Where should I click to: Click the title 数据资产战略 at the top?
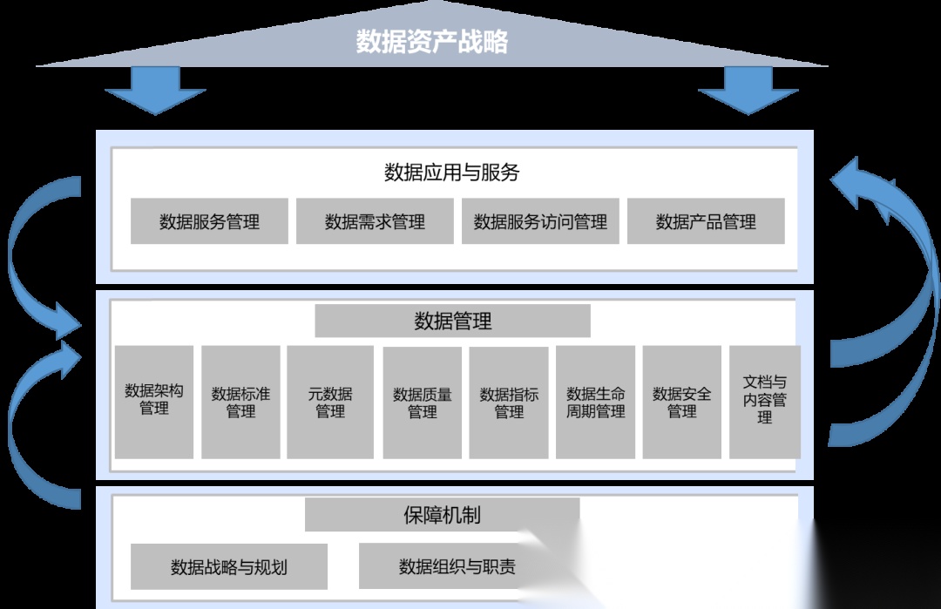pyautogui.click(x=432, y=42)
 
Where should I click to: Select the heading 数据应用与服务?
pyautogui.click(x=452, y=173)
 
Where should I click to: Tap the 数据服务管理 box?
pyautogui.click(x=209, y=221)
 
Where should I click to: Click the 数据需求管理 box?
pyautogui.click(x=375, y=221)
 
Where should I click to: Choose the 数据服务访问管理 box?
pyautogui.click(x=540, y=221)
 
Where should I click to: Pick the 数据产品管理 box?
pyautogui.click(x=706, y=221)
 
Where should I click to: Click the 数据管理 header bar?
pyautogui.click(x=452, y=321)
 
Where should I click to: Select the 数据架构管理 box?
pyautogui.click(x=154, y=402)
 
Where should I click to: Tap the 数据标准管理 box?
pyautogui.click(x=240, y=402)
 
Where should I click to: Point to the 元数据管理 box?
pyautogui.click(x=330, y=402)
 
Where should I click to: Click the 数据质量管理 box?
pyautogui.click(x=423, y=402)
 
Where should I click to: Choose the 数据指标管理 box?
pyautogui.click(x=509, y=402)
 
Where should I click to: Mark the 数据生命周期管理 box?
pyautogui.click(x=596, y=402)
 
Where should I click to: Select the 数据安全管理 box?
pyautogui.click(x=682, y=402)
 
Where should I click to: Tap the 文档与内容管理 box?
pyautogui.click(x=765, y=402)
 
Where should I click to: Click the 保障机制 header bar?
pyautogui.click(x=442, y=515)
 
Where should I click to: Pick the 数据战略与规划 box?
pyautogui.click(x=229, y=567)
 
